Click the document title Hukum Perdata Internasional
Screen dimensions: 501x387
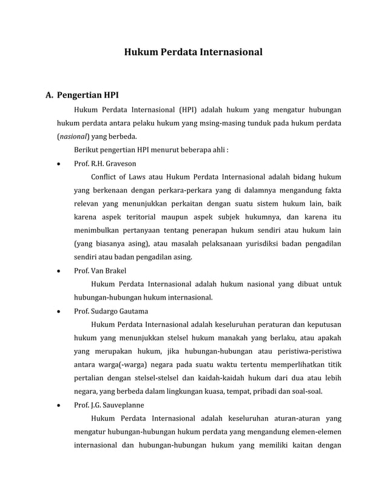click(193, 53)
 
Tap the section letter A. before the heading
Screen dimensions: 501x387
click(50, 95)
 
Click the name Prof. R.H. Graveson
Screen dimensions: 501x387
click(105, 163)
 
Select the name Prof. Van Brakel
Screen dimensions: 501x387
click(100, 271)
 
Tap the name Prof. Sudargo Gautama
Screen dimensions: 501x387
click(111, 311)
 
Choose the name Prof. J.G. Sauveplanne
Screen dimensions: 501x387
click(109, 405)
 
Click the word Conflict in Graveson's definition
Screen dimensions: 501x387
click(104, 177)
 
